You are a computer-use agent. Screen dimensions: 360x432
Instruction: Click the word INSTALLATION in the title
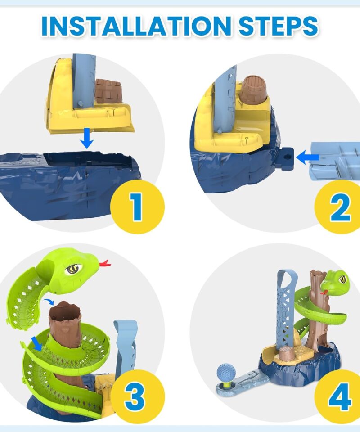tap(136, 26)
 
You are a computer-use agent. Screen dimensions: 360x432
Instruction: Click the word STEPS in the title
tap(279, 26)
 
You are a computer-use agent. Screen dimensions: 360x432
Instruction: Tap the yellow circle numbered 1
tap(137, 207)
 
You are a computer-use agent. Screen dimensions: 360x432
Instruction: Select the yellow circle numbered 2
tap(338, 207)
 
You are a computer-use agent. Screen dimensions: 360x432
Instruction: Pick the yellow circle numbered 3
tap(137, 397)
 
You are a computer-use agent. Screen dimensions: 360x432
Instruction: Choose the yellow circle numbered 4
tap(338, 397)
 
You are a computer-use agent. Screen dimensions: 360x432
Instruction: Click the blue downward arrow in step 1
tap(87, 138)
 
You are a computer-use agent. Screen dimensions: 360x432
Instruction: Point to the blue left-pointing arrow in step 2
tap(307, 157)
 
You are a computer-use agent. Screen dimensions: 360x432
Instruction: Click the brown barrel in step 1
tap(108, 90)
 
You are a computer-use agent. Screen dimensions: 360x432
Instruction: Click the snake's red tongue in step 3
tap(105, 263)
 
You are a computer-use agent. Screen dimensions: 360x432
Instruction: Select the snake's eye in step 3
tap(73, 269)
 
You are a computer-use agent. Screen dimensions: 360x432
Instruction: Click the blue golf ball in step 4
tap(226, 372)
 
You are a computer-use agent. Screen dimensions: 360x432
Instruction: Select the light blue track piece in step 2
tap(335, 161)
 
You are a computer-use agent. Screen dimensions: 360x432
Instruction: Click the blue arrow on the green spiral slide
tap(36, 343)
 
